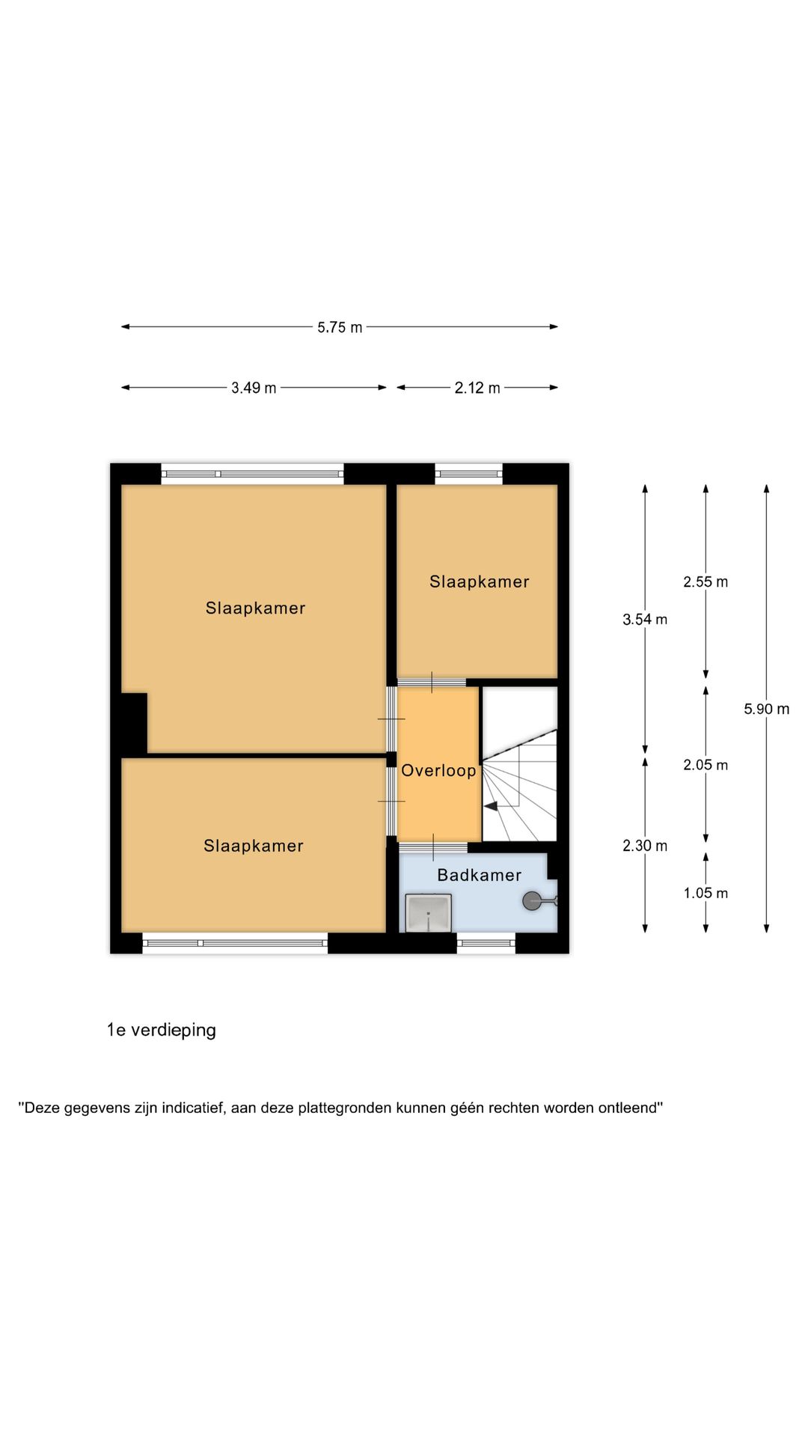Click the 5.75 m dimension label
coord(340,327)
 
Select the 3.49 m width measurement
coord(254,388)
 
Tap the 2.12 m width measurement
coord(477,388)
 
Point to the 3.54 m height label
coord(645,619)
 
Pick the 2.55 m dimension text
coord(706,582)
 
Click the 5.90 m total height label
coord(767,709)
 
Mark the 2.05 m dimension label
coord(706,765)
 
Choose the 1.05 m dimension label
coord(706,893)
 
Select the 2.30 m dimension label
coord(645,846)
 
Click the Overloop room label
coord(438,771)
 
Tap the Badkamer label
coord(480,875)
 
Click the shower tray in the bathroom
coord(429,913)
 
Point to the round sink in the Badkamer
coord(533,901)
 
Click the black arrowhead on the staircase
coord(491,806)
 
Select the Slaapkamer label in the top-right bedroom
coord(480,582)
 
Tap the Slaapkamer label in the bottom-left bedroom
coord(254,846)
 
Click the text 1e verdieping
coord(162,1031)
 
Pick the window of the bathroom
coord(486,943)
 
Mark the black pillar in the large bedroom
coord(134,723)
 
